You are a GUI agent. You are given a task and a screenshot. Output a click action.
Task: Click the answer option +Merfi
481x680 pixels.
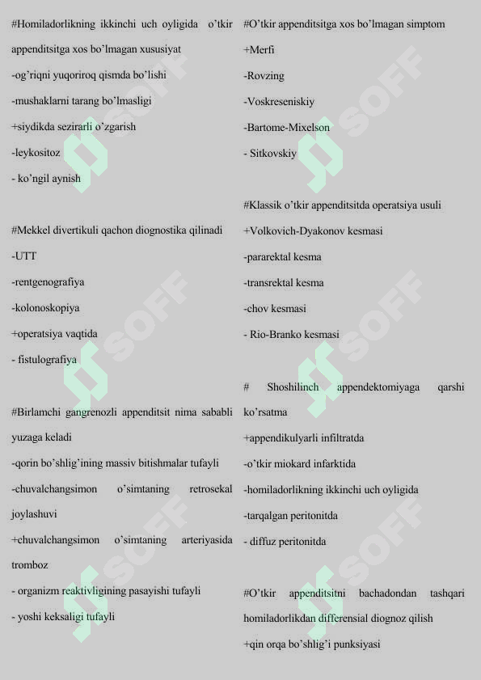(259, 50)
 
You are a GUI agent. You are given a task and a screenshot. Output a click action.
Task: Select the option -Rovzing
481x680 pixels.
(264, 76)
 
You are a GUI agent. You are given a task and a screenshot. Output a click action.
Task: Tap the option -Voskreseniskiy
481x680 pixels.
(279, 102)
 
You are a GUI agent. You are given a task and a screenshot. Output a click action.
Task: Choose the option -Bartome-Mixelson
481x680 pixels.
(286, 128)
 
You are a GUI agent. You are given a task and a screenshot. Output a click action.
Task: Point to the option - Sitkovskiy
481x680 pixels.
(272, 154)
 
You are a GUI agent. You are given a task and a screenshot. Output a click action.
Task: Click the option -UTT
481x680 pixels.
(24, 256)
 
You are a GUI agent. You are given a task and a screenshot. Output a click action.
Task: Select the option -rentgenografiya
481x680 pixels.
(48, 282)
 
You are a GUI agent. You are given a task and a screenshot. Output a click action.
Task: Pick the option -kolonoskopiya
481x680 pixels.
(45, 308)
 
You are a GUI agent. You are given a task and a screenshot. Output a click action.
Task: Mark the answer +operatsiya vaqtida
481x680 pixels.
(54, 334)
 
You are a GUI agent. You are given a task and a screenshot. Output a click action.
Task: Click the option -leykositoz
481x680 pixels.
(36, 153)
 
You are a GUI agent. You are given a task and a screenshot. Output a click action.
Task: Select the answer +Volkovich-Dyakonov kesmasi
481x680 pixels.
(313, 231)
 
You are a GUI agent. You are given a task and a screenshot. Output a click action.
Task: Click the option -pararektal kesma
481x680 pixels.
(282, 257)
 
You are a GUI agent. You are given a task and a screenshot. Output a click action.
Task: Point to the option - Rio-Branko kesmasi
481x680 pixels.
(293, 335)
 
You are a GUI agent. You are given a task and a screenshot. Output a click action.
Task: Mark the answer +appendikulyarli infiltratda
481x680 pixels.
(303, 438)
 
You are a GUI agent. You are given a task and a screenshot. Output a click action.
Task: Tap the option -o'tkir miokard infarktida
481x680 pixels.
(299, 464)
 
